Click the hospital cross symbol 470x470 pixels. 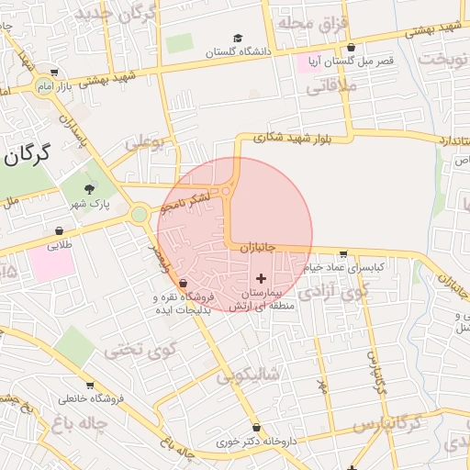[262, 277]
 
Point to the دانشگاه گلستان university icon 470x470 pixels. [238, 39]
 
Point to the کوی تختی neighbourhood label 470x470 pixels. [139, 350]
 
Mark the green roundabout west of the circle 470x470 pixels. [140, 215]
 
